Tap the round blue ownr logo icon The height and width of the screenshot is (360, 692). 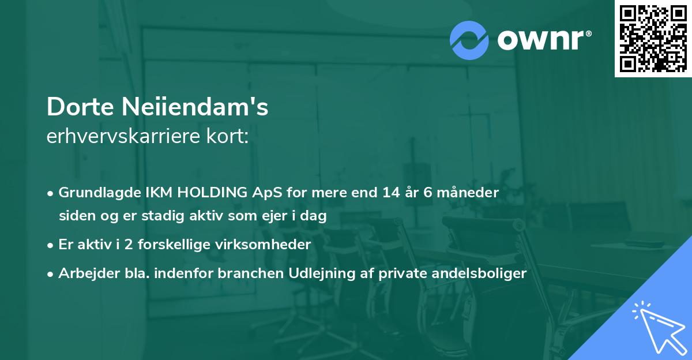coord(469,40)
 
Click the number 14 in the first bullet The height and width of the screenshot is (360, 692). coord(390,193)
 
